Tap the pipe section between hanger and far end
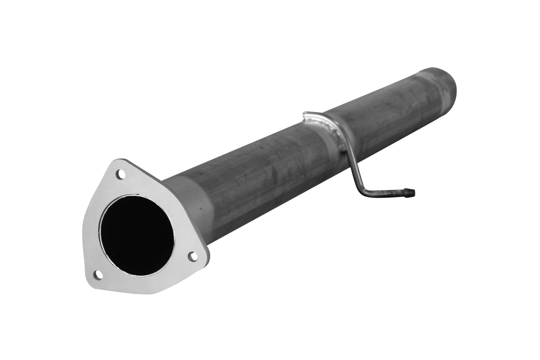coord(383,111)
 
